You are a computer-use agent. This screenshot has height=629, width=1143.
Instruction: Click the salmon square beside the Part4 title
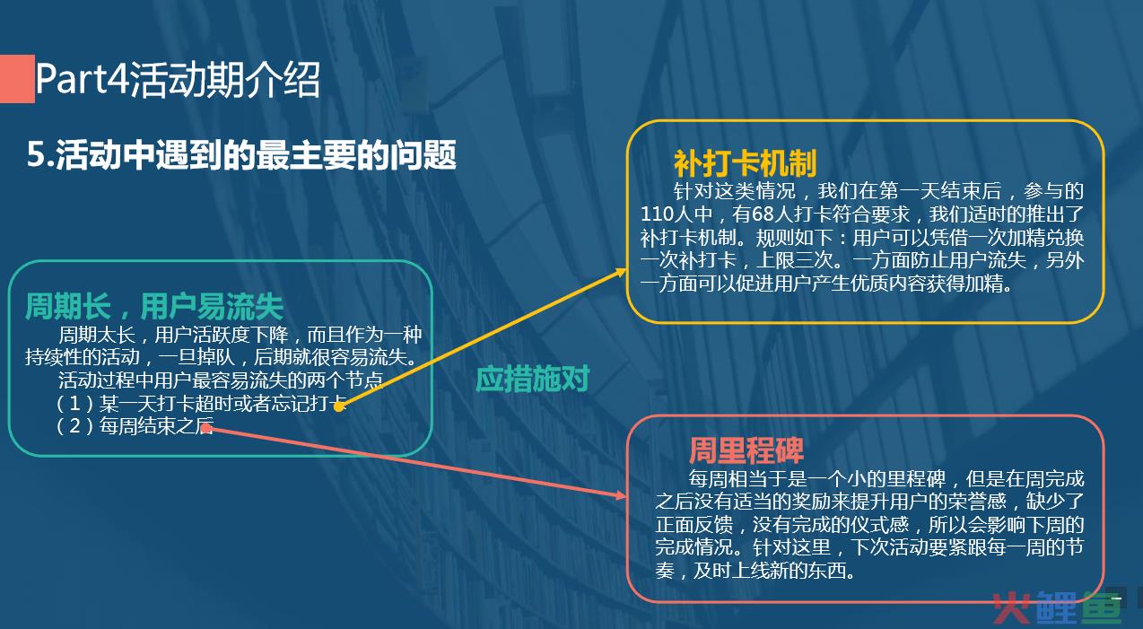17,79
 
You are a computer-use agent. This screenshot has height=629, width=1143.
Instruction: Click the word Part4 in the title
82,79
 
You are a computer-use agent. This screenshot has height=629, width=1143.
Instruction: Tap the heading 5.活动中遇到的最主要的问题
241,154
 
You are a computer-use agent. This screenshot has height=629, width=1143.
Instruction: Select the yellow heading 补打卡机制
745,163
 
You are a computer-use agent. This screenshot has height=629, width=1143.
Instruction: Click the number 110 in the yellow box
658,214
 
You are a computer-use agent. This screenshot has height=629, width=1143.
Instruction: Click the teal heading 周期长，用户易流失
154,306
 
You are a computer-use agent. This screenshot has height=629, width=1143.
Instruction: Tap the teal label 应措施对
532,379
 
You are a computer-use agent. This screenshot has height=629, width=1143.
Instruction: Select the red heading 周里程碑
746,450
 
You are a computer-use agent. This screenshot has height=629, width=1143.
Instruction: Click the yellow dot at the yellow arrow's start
339,406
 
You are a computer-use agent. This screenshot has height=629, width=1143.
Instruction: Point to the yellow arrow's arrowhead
621,272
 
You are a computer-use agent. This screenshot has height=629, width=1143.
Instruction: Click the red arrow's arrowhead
621,494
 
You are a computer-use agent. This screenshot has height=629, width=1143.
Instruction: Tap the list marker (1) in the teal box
74,404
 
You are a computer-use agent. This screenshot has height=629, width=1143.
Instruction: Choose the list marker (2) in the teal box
74,425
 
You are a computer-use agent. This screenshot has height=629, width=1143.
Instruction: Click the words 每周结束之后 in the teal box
157,425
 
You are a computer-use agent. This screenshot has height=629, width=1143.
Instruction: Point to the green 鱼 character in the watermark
1102,607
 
